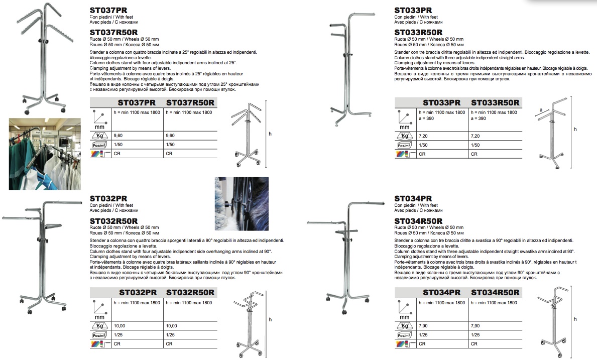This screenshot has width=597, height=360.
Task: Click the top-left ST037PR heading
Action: click(108, 10)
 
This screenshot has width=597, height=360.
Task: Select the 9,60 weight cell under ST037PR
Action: click(119, 136)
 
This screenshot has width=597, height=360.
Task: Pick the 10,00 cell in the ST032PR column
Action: click(120, 326)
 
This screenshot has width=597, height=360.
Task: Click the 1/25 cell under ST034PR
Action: click(423, 335)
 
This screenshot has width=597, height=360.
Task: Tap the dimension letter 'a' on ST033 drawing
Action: click(540, 108)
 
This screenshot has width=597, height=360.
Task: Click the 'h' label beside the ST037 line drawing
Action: click(270, 134)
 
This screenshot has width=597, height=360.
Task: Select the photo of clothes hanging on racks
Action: click(45, 154)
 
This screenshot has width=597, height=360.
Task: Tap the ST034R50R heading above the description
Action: click(418, 221)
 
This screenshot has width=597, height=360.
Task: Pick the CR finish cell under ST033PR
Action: click(423, 154)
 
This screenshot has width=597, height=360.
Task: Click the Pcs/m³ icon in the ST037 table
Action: click(99, 145)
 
